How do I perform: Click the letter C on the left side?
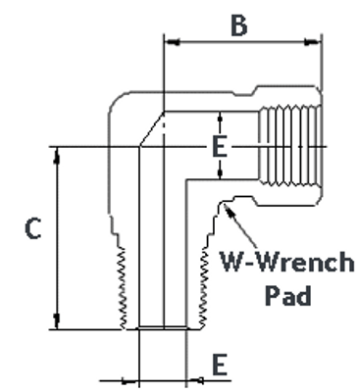[31, 230]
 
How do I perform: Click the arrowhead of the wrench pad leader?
[229, 207]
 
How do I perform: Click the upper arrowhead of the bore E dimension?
[220, 117]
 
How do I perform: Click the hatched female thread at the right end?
[287, 147]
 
